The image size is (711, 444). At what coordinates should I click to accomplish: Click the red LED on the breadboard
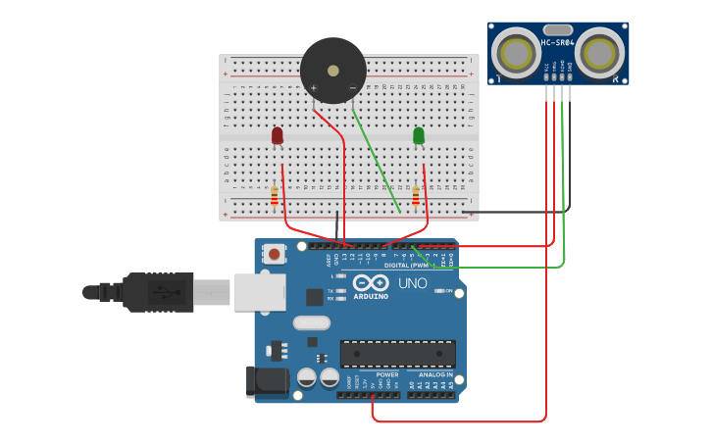(278, 135)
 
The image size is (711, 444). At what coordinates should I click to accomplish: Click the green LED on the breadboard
(419, 135)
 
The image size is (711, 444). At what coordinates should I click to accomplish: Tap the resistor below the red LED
(275, 197)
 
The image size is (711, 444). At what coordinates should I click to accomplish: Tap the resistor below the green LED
(415, 197)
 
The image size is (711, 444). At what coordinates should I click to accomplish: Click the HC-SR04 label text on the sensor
(557, 42)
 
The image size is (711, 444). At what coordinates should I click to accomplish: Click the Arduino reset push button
(275, 255)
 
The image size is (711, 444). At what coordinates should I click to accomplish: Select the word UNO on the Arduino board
(412, 283)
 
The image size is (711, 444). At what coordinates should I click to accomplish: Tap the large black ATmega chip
(397, 354)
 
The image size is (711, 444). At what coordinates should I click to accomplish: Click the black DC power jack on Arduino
(266, 380)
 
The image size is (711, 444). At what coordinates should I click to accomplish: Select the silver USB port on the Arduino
(259, 291)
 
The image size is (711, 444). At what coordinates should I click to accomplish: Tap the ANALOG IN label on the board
(436, 373)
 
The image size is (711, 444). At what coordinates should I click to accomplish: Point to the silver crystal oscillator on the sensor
(557, 29)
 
